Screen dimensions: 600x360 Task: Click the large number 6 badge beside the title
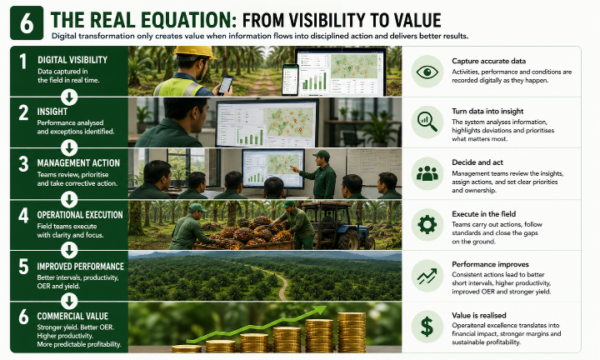(27, 23)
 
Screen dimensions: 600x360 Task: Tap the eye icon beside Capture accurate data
(427, 72)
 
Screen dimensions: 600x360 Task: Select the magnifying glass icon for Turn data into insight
(427, 122)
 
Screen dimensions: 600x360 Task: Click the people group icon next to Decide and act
(427, 173)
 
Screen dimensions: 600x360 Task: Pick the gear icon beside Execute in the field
(427, 224)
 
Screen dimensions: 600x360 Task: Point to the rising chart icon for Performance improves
(427, 276)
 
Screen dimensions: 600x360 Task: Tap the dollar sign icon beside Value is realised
(427, 327)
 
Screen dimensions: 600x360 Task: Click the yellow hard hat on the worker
(195, 52)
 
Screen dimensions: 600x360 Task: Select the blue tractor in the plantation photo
(336, 225)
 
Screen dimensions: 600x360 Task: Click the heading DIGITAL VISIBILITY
(72, 60)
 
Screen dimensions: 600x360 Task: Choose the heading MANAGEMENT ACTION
(78, 163)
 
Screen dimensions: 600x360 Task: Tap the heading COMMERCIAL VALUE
(72, 317)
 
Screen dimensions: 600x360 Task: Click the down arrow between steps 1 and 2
(69, 97)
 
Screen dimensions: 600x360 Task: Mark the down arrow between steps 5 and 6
(69, 301)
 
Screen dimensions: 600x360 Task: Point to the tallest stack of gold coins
(352, 332)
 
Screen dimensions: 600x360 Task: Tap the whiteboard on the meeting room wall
(373, 167)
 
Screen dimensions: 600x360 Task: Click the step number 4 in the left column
(23, 215)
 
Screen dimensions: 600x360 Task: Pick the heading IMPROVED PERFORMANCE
(80, 267)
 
